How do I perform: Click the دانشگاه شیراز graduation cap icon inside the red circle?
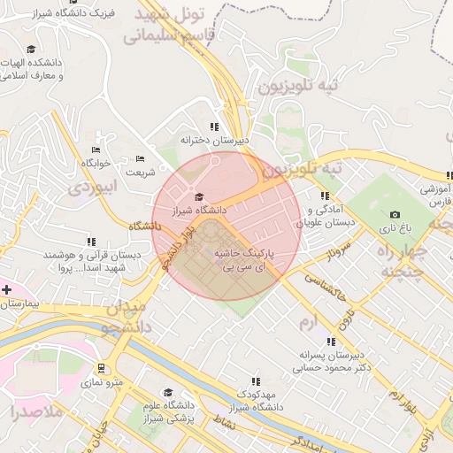pos(199,196)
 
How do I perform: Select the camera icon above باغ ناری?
pos(395,214)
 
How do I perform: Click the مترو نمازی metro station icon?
pos(102,368)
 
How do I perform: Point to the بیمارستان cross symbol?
pos(6,289)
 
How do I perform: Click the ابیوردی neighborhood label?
pos(93,188)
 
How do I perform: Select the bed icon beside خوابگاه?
pos(96,150)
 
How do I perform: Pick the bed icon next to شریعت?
pos(139,158)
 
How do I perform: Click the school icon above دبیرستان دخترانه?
pos(214,127)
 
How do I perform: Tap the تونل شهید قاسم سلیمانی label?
pos(173,26)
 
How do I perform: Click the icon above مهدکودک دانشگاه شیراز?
pos(256,381)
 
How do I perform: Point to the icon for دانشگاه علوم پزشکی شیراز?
pos(167,392)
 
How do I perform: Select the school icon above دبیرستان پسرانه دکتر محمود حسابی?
pos(330,342)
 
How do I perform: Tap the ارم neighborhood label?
pos(309,319)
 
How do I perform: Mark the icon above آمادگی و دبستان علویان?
pos(325,196)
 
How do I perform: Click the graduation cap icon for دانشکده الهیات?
pos(31,50)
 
